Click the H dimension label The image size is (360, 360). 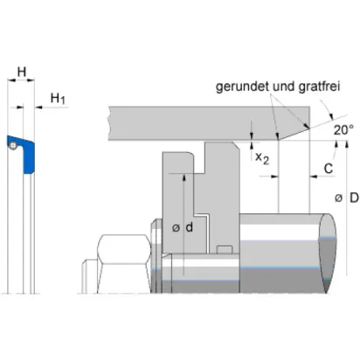22,72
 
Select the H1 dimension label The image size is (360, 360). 58,99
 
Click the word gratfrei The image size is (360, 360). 319,87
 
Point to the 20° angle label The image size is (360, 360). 343,130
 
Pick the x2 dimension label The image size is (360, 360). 262,158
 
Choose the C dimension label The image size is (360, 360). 329,169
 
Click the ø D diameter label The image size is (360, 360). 347,198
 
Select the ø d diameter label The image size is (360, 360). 183,227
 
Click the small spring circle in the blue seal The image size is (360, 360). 12,145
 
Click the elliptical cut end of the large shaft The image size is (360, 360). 327,253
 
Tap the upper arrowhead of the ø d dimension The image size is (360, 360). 183,177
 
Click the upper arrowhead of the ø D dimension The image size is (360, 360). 346,144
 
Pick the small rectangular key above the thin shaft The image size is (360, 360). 225,250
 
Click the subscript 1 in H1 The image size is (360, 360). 63,101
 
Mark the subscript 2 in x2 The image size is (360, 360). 266,161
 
